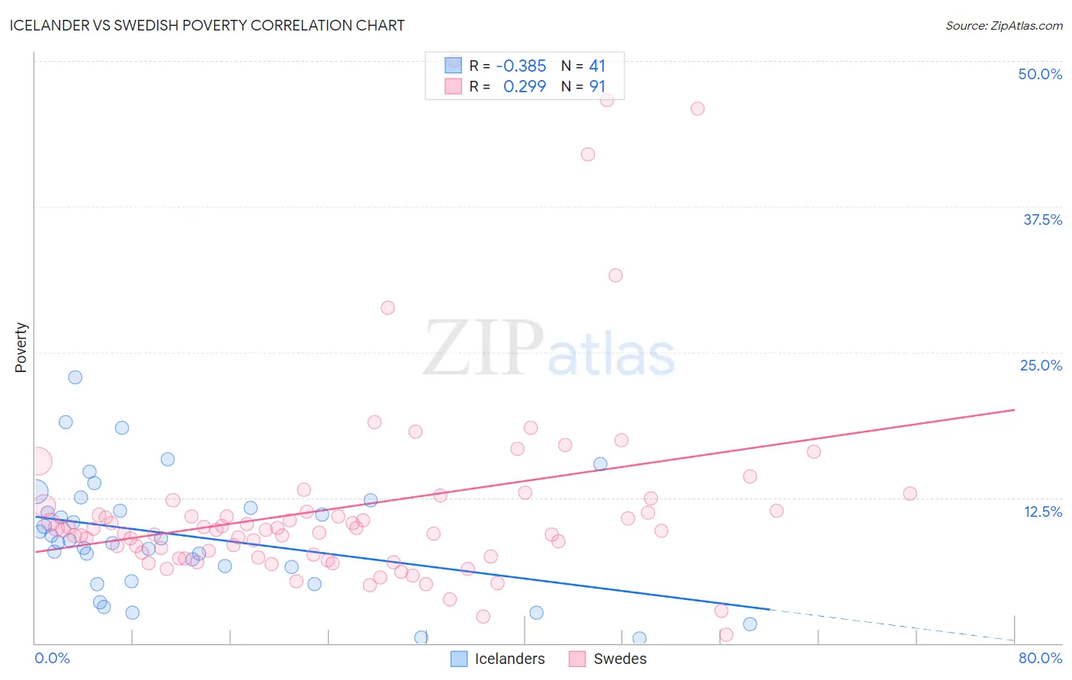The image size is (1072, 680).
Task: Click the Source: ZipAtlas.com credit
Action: pyautogui.click(x=1003, y=25)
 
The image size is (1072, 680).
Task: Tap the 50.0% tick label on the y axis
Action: pyautogui.click(x=1040, y=74)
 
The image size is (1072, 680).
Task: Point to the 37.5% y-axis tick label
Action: pyautogui.click(x=1042, y=220)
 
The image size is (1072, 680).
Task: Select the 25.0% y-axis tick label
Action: pyautogui.click(x=1041, y=365)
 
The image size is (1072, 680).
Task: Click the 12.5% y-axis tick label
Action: pyautogui.click(x=1042, y=512)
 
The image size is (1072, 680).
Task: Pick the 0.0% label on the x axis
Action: pyautogui.click(x=52, y=658)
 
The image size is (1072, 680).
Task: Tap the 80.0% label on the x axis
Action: pyautogui.click(x=1040, y=658)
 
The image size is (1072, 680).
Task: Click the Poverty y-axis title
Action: pyautogui.click(x=21, y=348)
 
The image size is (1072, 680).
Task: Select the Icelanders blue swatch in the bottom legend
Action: pyautogui.click(x=459, y=659)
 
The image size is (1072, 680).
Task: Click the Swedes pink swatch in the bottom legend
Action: pyautogui.click(x=577, y=659)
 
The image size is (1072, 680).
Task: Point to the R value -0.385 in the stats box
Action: pyautogui.click(x=521, y=66)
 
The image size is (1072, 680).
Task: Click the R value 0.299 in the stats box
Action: pyautogui.click(x=525, y=87)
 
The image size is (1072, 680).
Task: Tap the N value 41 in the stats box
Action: pyautogui.click(x=597, y=66)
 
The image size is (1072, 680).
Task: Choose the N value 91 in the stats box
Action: pyautogui.click(x=597, y=87)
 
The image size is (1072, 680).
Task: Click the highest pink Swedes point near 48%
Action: pyautogui.click(x=607, y=100)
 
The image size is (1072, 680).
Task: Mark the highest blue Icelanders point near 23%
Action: pyautogui.click(x=75, y=377)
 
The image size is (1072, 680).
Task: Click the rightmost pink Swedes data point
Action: pyautogui.click(x=910, y=494)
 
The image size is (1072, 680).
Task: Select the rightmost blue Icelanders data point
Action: pyautogui.click(x=750, y=624)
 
